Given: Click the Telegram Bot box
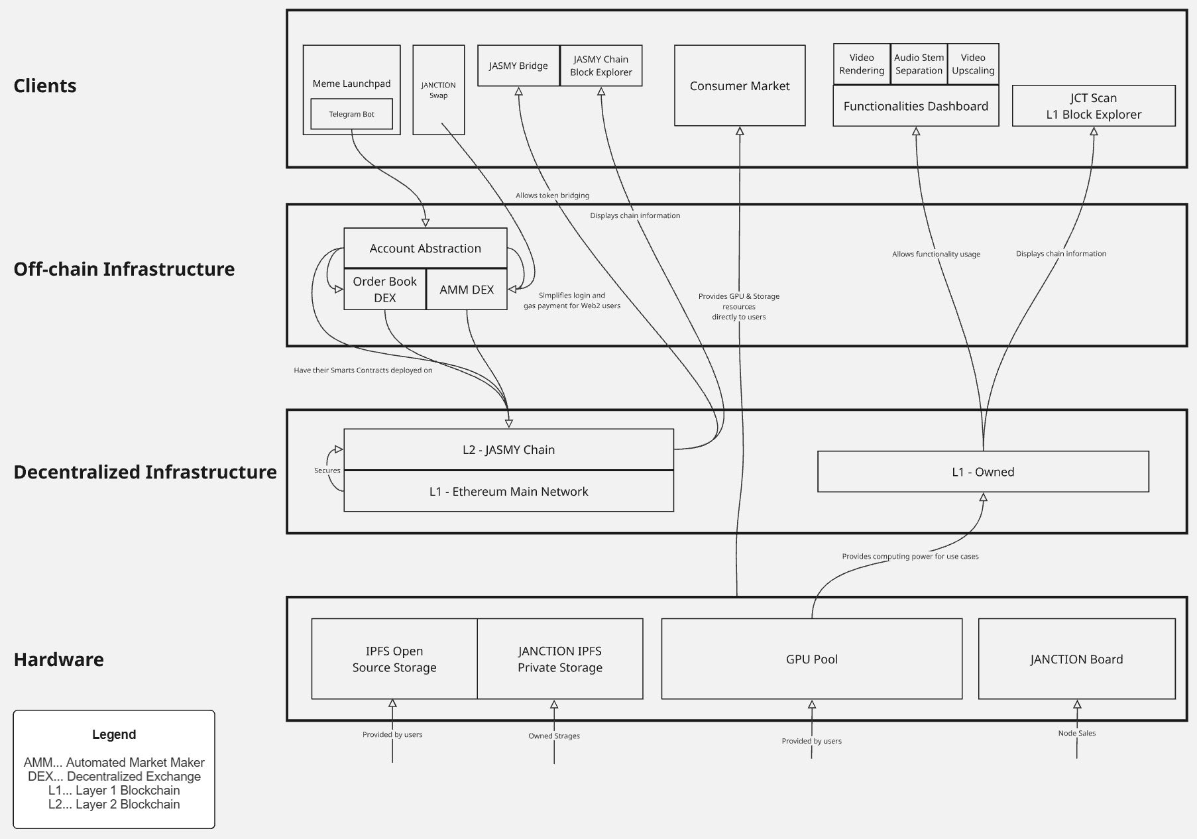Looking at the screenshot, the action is point(351,114).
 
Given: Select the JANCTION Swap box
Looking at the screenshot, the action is point(438,90).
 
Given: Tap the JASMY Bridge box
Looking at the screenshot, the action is point(518,66).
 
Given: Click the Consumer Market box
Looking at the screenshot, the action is point(740,85).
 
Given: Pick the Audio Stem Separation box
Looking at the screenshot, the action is point(919,64).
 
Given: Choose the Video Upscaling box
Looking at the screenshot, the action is point(973,64).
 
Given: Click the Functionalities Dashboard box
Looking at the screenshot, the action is point(916,106).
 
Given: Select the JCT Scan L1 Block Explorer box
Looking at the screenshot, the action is point(1094,106).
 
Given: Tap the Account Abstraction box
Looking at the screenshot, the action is point(426,249).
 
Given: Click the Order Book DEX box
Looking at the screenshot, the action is point(384,290).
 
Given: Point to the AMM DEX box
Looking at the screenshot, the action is point(467,290).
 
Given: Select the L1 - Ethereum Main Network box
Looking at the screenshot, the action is point(508,491).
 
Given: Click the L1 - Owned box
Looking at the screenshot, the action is point(983,472).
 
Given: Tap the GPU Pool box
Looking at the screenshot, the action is point(812,659).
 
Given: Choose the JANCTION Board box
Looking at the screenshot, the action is point(1076,659).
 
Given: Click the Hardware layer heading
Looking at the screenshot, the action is point(59,659).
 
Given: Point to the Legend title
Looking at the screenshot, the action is point(114,734).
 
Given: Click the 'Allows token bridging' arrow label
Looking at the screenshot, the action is point(552,196).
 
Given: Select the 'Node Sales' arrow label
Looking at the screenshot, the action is point(1077,733).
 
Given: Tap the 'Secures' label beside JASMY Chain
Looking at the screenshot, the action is point(327,471).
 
